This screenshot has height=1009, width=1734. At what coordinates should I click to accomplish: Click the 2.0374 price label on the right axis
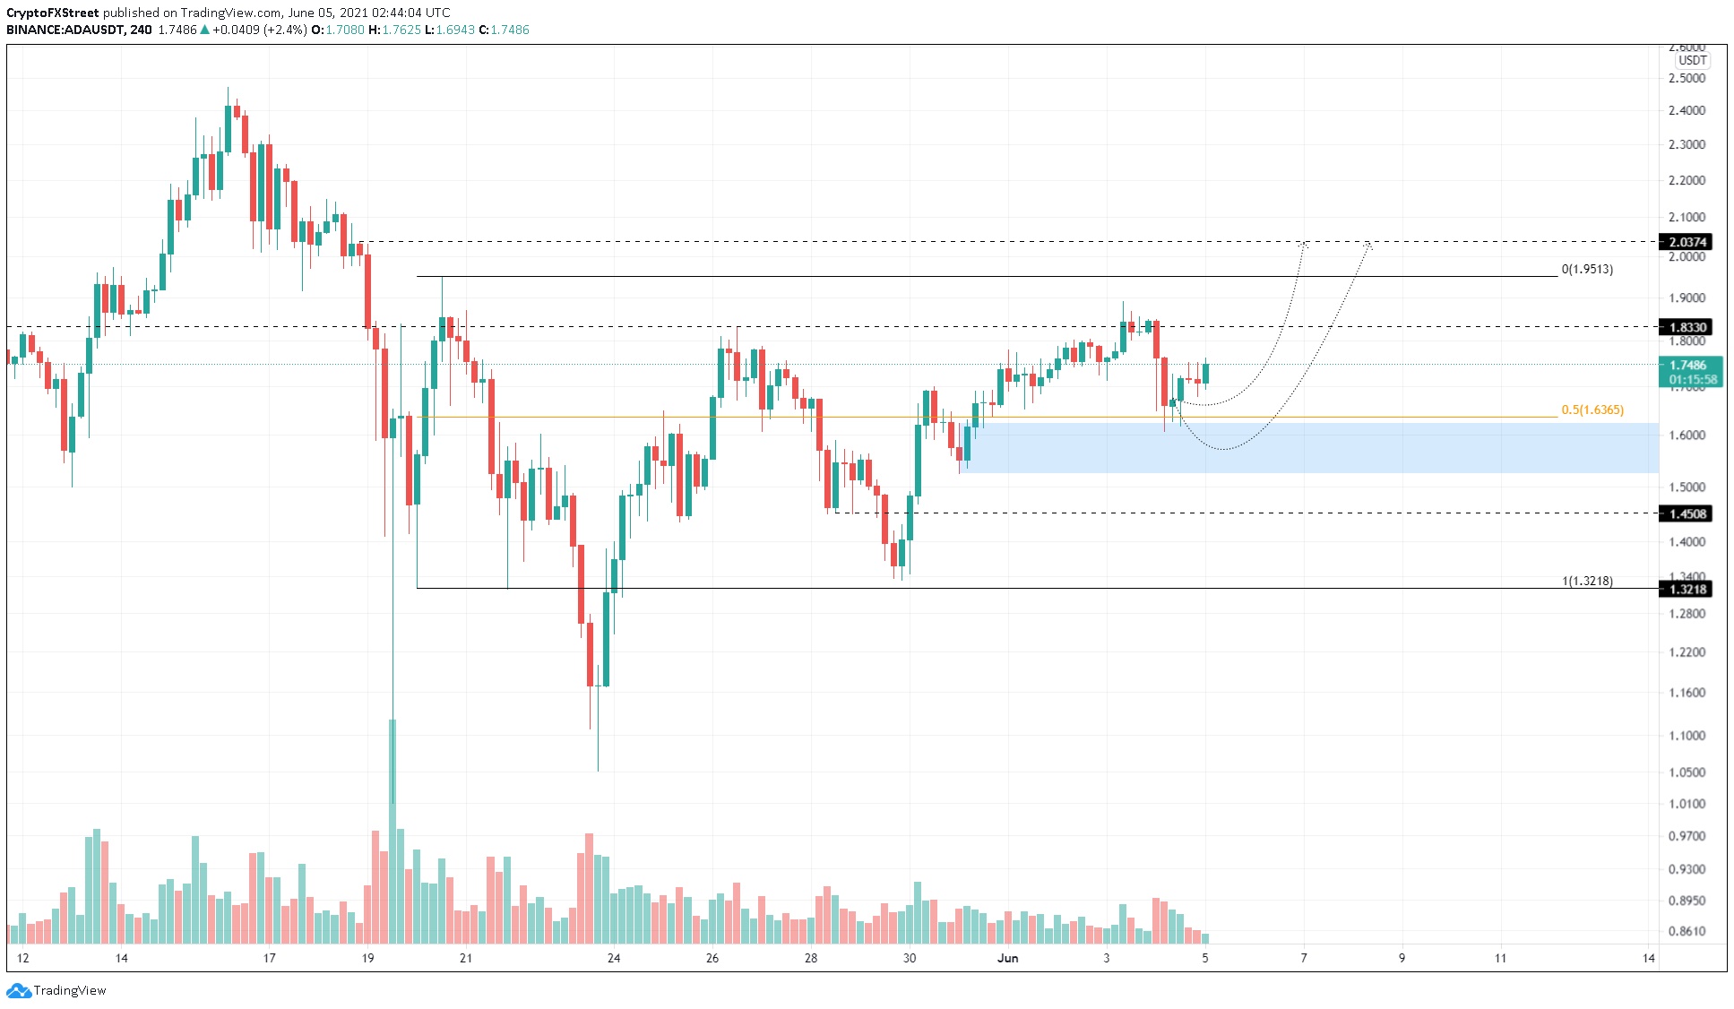1687,242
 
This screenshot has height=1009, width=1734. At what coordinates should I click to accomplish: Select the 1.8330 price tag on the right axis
1687,327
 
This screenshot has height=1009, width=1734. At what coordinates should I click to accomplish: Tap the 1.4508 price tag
1687,513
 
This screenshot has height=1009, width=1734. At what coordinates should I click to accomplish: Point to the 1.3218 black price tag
1687,589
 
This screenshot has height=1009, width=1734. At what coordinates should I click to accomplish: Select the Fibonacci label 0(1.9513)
1586,269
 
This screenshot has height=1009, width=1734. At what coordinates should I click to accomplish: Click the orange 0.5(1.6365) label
1592,410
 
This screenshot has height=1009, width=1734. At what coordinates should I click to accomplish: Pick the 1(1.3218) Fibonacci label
1587,581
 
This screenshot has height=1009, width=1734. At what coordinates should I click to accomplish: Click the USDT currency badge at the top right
1692,60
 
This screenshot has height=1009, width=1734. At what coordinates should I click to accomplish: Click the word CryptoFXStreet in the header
52,13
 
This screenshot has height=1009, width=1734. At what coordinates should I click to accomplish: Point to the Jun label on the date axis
1008,958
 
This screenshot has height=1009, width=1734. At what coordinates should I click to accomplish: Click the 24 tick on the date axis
614,958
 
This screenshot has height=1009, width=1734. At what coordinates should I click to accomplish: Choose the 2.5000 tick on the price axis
1687,78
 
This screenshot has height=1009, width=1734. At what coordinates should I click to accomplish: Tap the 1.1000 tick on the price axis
1687,736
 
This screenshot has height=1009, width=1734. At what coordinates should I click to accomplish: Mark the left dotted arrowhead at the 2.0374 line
1305,244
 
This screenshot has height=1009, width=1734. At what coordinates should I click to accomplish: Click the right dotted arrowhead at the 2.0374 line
1367,243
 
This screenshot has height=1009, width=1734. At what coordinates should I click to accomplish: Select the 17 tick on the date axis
270,958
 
